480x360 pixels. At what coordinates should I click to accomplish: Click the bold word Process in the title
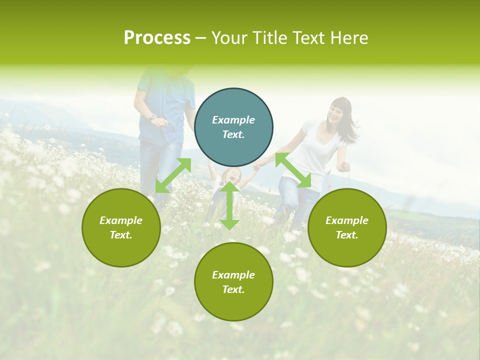click(x=157, y=37)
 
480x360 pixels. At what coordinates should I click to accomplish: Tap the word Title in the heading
click(x=269, y=37)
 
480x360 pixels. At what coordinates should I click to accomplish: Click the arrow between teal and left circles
click(x=173, y=175)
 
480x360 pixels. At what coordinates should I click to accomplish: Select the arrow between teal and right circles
click(x=293, y=170)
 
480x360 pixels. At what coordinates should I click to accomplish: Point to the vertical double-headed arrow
click(x=229, y=206)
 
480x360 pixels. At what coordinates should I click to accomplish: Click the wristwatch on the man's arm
click(x=152, y=117)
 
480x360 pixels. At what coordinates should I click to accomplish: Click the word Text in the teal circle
click(x=233, y=135)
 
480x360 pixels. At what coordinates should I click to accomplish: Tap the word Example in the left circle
click(x=121, y=220)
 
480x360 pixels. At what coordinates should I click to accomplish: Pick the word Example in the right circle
click(x=347, y=220)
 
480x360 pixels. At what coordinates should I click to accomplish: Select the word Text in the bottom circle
click(x=233, y=290)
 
